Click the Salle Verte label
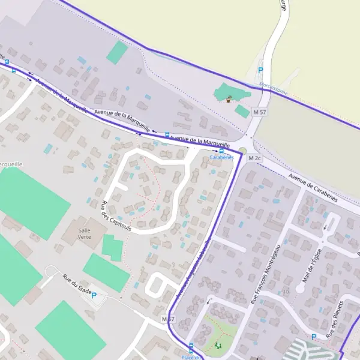[85, 232]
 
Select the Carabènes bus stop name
[221, 158]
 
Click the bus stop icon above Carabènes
[221, 151]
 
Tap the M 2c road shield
[255, 158]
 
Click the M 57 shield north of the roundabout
[259, 112]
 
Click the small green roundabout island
[242, 151]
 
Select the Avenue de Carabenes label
[313, 188]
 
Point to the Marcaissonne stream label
[274, 89]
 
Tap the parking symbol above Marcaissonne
[260, 70]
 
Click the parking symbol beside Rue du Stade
[94, 295]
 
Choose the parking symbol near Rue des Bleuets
[313, 337]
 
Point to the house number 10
[286, 291]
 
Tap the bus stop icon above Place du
[191, 346]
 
